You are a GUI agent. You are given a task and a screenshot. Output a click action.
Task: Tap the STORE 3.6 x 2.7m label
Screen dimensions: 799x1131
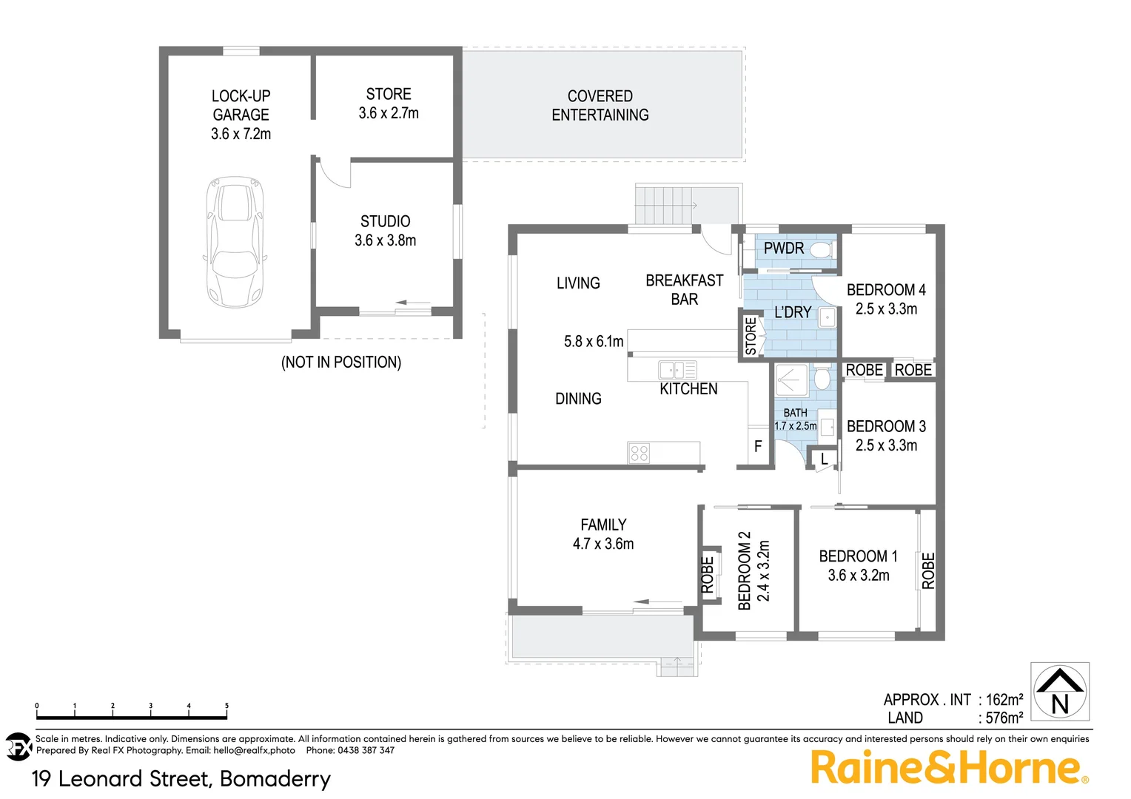(389, 104)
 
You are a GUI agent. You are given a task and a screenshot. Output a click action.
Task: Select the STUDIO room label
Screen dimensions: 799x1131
(385, 221)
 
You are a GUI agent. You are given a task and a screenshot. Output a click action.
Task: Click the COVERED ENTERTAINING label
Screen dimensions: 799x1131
(600, 106)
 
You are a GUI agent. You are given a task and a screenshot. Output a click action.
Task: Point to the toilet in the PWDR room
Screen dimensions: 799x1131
(820, 249)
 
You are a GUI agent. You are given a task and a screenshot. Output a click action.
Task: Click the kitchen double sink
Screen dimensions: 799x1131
(677, 370)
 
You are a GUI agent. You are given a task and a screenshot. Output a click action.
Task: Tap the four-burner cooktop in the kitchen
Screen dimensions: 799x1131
(639, 453)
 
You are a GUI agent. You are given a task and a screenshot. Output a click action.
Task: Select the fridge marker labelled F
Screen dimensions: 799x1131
(758, 446)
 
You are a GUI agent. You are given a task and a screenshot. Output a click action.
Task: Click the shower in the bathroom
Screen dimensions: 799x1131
(791, 380)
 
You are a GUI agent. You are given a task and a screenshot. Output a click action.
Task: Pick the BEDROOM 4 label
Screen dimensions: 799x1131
(886, 290)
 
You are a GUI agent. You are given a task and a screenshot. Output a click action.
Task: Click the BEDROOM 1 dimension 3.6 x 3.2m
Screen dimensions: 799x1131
(859, 576)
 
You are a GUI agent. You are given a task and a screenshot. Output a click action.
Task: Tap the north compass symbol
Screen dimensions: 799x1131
(1060, 691)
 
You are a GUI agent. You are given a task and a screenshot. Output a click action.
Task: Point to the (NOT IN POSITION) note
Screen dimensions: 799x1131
(341, 363)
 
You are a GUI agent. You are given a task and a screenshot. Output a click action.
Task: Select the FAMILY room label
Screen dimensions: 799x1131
(603, 525)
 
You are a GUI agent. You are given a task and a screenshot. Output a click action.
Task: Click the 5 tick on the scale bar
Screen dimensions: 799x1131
(226, 707)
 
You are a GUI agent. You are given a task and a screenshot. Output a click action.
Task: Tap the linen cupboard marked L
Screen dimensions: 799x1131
(824, 459)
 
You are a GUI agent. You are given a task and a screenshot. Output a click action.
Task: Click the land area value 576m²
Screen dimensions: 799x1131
(1004, 718)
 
